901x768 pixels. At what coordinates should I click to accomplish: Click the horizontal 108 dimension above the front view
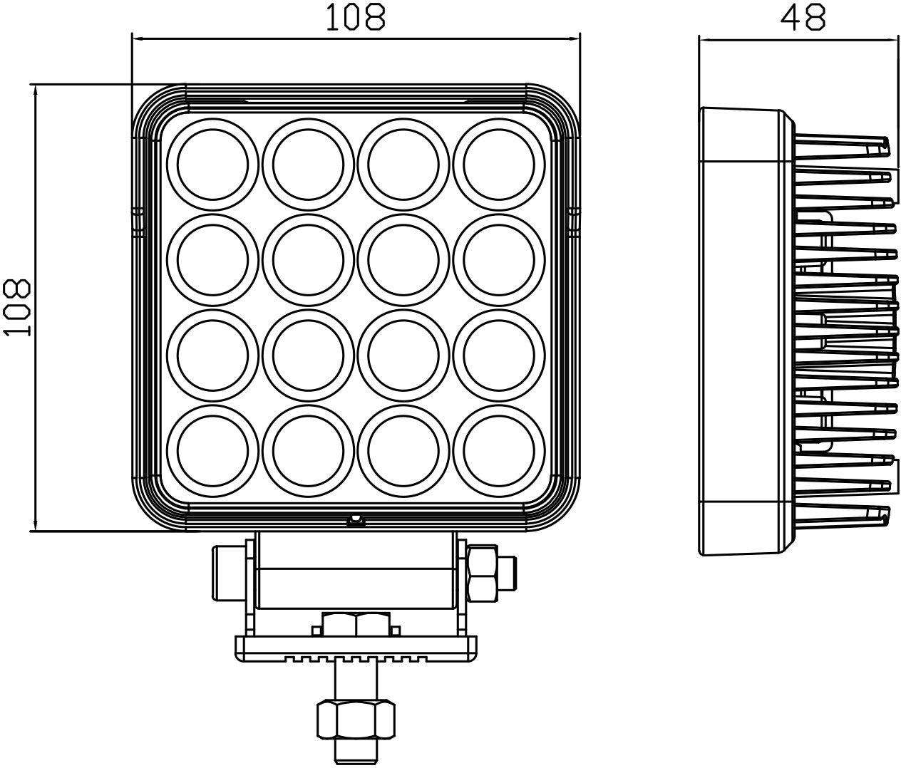pyautogui.click(x=356, y=17)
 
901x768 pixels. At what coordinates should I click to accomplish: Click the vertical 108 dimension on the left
pyautogui.click(x=17, y=307)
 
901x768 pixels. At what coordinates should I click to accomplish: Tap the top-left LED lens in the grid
pyautogui.click(x=213, y=163)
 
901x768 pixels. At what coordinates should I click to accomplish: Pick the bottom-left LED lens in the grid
pyautogui.click(x=213, y=449)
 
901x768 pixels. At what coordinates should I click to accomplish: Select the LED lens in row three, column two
pyautogui.click(x=308, y=354)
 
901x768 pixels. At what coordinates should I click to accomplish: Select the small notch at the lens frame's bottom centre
pyautogui.click(x=354, y=520)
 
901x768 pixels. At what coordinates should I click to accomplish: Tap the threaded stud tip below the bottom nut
pyautogui.click(x=354, y=752)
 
